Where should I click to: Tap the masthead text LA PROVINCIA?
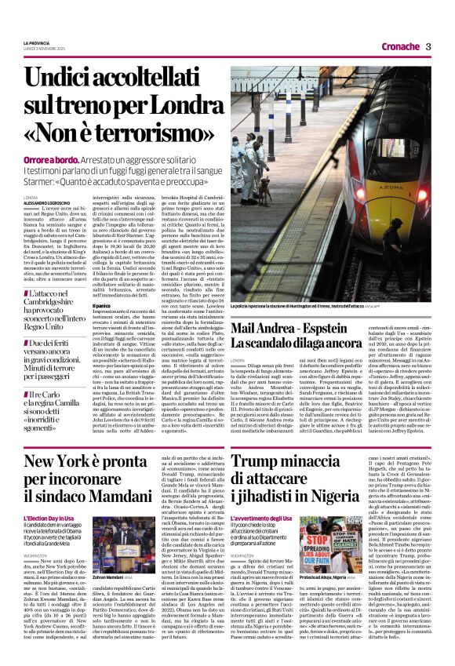38,42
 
